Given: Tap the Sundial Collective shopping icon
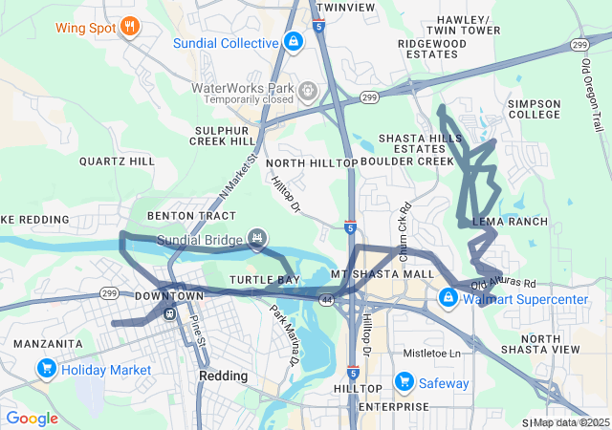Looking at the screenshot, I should [x=294, y=44].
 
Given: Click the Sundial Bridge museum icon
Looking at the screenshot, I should [x=255, y=238].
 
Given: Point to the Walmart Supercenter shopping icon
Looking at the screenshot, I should [x=448, y=299].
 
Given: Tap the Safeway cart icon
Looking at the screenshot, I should [x=404, y=383].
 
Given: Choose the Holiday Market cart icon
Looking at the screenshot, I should [x=46, y=369].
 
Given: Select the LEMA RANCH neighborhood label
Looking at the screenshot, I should [x=511, y=222].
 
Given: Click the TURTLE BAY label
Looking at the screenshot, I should [x=265, y=279].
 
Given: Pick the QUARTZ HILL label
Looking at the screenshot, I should [x=117, y=161].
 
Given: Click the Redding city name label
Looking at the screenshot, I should [x=223, y=376].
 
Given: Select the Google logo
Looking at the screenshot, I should [x=33, y=418].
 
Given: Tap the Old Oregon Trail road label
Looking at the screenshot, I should [x=593, y=92].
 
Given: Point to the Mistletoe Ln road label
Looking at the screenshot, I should [x=431, y=353].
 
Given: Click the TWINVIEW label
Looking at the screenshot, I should [x=345, y=7].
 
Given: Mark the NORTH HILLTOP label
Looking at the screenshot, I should [x=319, y=163].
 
